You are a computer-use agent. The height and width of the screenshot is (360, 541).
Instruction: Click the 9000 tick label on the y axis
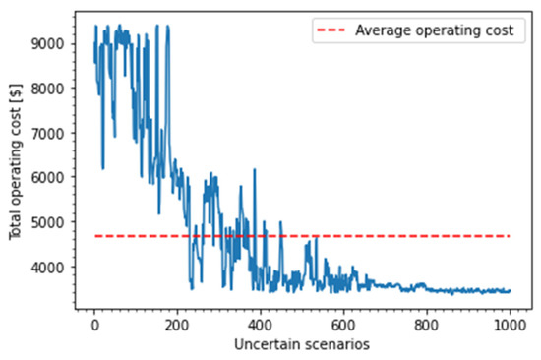click(50, 43)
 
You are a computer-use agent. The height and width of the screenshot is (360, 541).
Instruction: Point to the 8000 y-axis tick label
click(50, 89)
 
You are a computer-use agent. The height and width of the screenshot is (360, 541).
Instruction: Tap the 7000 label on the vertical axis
click(50, 133)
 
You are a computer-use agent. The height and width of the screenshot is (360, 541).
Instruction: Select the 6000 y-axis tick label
click(50, 177)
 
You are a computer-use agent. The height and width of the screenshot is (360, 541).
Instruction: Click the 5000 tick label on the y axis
click(50, 222)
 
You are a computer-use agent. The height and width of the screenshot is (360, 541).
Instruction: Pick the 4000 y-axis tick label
click(50, 267)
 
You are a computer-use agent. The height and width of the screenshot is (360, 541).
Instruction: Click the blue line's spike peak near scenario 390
click(255, 169)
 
